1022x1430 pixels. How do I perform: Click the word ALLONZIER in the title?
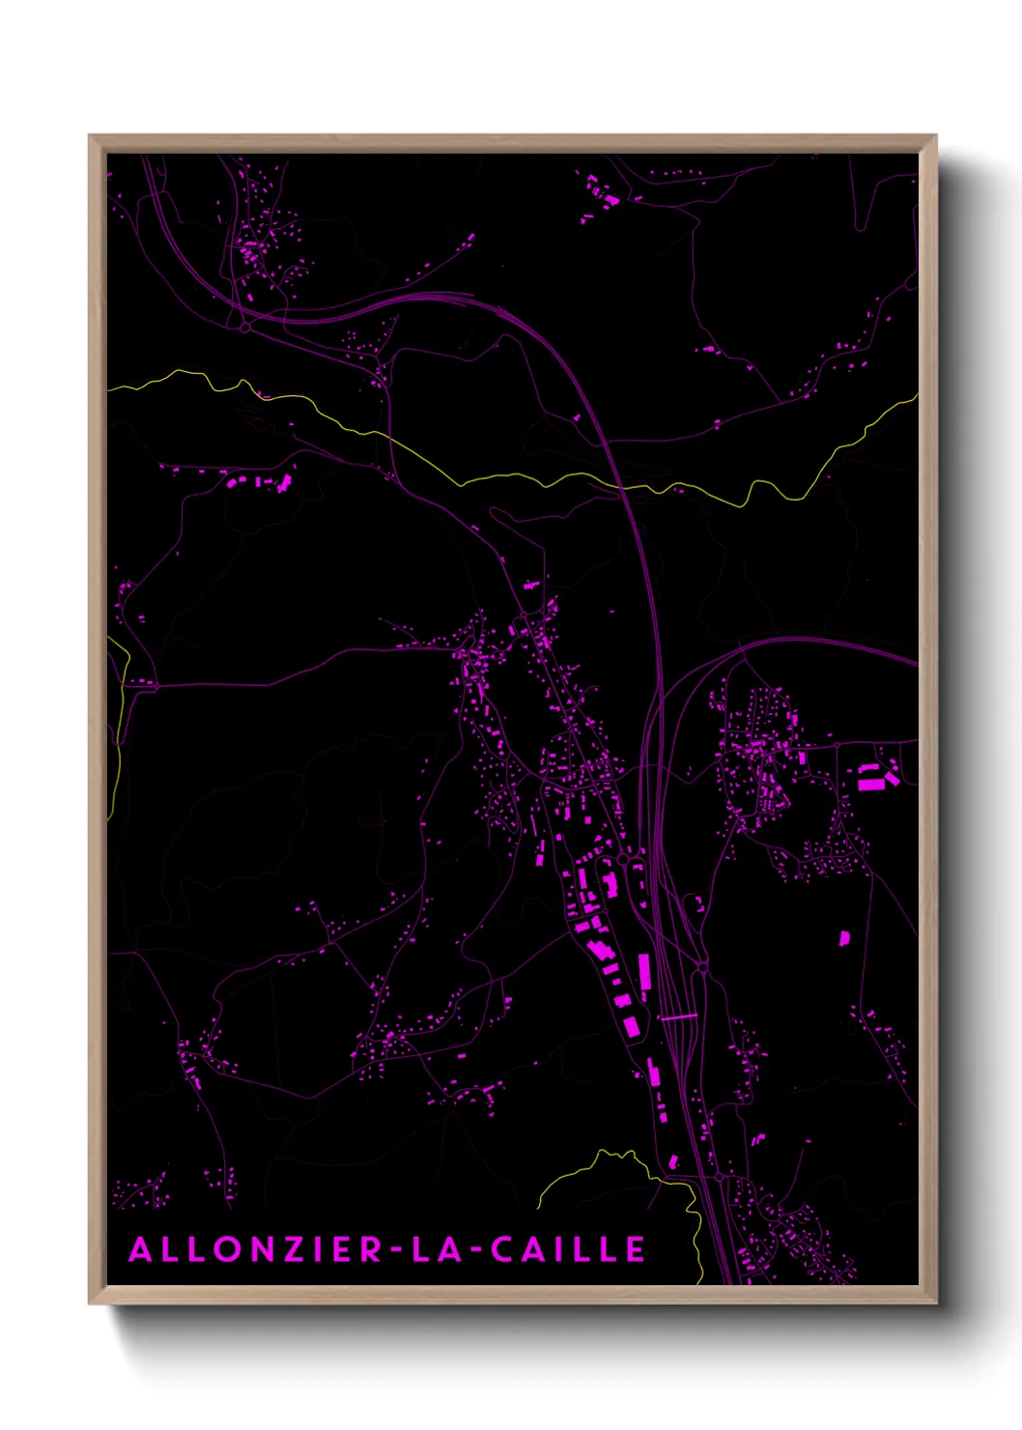256,1249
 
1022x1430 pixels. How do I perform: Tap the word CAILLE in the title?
568,1249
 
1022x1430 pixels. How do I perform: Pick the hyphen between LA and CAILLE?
468,1251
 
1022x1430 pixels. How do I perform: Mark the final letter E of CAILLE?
636,1249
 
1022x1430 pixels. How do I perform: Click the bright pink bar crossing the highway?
678,1016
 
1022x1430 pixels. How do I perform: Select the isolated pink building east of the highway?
843,937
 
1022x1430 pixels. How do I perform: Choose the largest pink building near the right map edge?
870,778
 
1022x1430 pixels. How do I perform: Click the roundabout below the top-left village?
245,329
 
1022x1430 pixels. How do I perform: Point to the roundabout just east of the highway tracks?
702,966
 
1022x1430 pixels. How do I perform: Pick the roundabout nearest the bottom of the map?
721,1177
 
